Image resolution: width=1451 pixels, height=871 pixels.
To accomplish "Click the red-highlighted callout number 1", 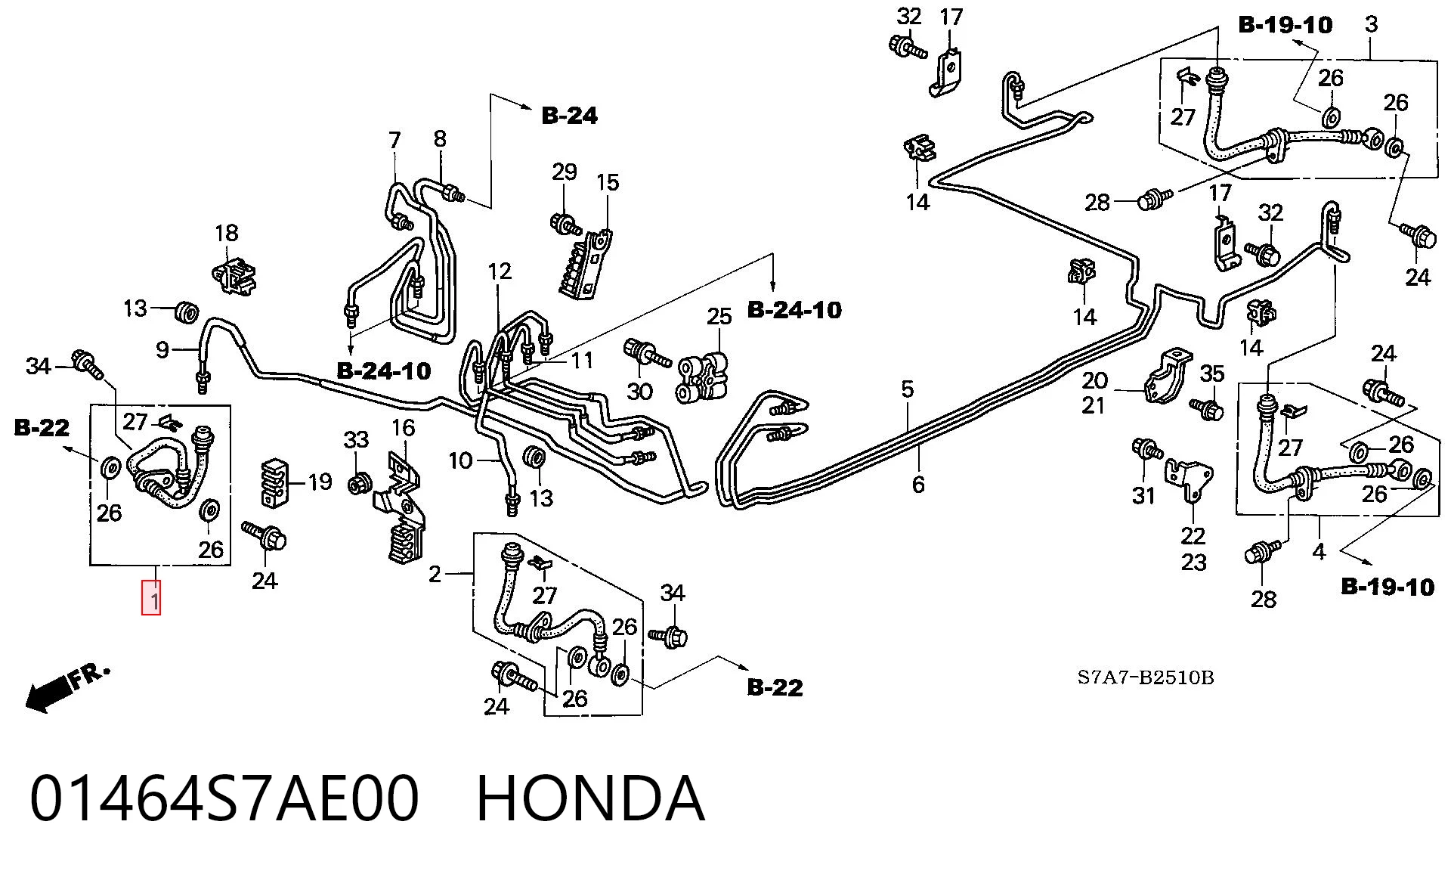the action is tap(152, 597).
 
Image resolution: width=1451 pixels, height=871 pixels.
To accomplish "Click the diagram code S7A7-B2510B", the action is tap(1146, 677).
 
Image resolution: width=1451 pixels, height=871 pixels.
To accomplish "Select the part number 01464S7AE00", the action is tap(224, 798).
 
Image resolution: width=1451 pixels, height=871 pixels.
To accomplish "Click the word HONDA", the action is tap(591, 798).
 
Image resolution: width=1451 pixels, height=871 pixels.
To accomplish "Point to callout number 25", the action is tap(719, 316).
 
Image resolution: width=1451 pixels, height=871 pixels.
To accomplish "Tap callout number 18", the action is tap(227, 233).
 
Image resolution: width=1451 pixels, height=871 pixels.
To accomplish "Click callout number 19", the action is tap(320, 482).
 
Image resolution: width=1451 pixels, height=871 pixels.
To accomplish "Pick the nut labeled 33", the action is tap(358, 483).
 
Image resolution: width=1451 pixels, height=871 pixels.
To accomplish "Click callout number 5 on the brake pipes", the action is tap(907, 389).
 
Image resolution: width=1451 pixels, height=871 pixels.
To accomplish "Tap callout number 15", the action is tap(608, 182).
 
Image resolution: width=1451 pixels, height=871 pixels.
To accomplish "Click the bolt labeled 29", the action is tap(565, 224).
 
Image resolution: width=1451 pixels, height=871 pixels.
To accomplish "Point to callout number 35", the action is tap(1212, 374).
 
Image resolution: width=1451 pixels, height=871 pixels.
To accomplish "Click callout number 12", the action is tap(500, 271).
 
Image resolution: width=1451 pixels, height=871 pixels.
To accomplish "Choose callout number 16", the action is tap(403, 428).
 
